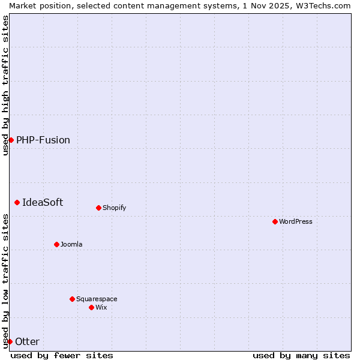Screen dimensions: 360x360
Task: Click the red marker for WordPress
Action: coord(275,221)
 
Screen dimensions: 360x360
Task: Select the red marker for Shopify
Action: coord(98,208)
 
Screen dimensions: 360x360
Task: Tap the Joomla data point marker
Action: coord(56,244)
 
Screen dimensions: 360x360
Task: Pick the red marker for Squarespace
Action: coord(72,299)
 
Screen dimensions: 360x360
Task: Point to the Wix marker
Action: coord(91,307)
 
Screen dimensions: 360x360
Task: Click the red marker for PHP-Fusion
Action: coord(11,140)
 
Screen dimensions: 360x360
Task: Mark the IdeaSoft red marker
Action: coord(17,202)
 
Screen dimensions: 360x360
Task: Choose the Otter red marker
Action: coord(10,341)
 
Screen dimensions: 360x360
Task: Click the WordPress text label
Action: coord(296,221)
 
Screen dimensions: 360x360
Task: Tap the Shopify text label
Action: coord(114,208)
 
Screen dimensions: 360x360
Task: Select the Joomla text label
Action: coord(71,244)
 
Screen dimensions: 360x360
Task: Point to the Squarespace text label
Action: coord(97,299)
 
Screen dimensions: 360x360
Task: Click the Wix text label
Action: coord(101,307)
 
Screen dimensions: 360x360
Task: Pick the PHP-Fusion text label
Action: coord(43,140)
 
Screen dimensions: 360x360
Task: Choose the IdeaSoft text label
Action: coord(43,202)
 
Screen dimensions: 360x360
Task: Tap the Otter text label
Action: coord(27,341)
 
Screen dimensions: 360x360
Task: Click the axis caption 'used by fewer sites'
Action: coord(62,355)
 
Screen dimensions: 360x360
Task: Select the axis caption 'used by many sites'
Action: coord(301,355)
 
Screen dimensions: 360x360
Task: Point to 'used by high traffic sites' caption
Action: coord(5,85)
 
